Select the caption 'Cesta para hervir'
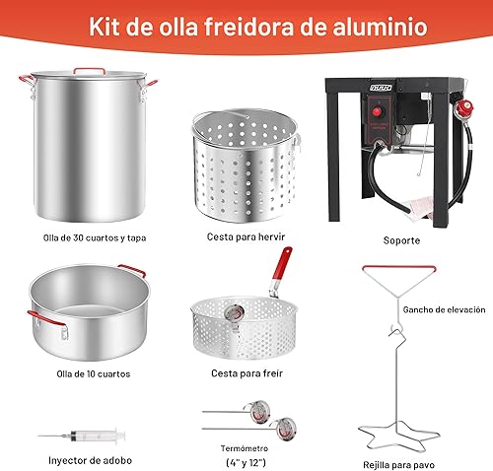click(246, 236)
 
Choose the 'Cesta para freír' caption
click(246, 373)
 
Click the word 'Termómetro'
click(246, 447)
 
